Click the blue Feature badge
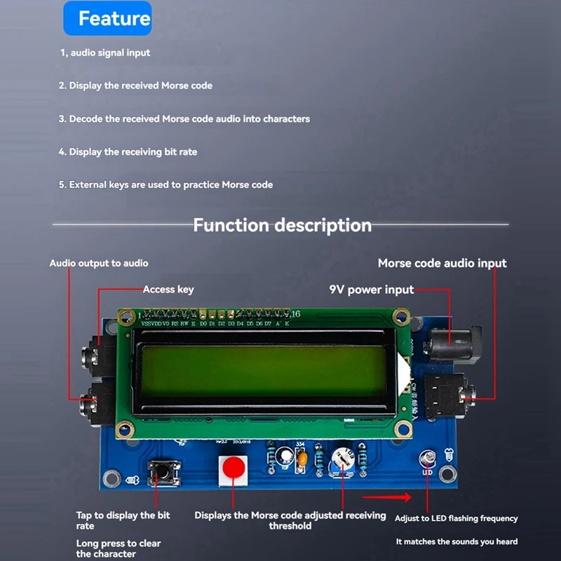(x=107, y=19)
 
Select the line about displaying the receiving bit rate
(x=128, y=151)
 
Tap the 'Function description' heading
(x=282, y=225)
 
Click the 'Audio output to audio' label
(x=99, y=263)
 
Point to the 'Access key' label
(x=168, y=289)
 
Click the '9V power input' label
(x=371, y=289)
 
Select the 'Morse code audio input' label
(x=442, y=263)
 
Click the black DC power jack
(x=456, y=343)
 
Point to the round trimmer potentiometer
(x=344, y=459)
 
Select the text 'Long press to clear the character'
(x=119, y=548)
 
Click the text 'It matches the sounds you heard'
(x=457, y=541)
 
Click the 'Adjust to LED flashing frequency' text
(x=457, y=518)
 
